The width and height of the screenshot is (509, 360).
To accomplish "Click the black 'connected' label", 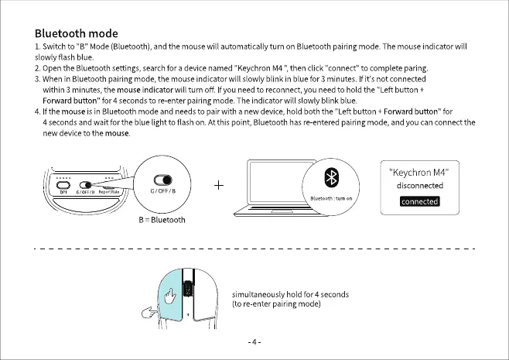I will pos(419,201).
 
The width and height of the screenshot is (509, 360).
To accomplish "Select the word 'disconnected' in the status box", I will pos(419,186).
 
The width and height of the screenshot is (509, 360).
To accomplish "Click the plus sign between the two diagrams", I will pos(220,185).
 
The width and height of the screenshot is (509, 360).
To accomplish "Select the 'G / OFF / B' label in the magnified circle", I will pos(163,190).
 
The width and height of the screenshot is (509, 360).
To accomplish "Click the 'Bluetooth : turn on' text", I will pos(331,198).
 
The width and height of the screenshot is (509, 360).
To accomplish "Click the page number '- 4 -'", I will pos(254,342).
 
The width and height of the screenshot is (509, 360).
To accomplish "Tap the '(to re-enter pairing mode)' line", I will pos(276,304).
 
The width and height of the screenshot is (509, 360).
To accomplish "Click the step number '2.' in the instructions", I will pos(37,69).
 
